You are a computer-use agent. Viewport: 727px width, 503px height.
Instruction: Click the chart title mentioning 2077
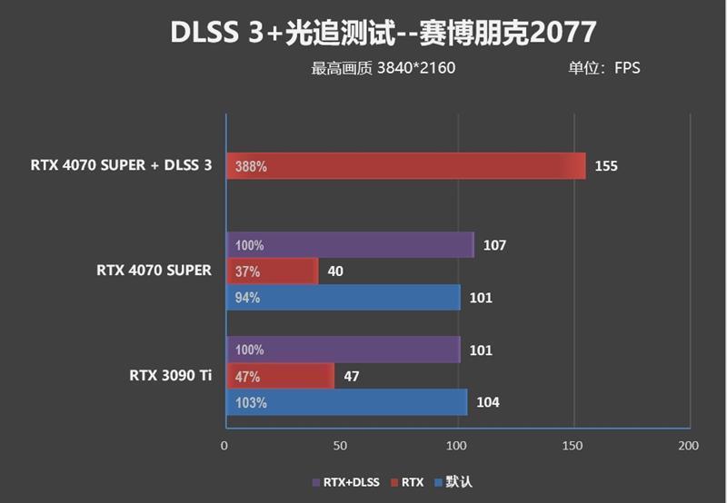[383, 33]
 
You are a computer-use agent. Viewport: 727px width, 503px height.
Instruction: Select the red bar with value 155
[405, 166]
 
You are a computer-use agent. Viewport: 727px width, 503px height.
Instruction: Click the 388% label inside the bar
[250, 167]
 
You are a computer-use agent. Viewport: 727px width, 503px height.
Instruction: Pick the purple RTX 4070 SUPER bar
[350, 245]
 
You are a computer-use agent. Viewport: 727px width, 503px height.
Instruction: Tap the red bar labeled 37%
[271, 271]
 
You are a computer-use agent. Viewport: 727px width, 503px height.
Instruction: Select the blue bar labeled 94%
[343, 297]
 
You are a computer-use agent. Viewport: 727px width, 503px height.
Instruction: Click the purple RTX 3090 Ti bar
[343, 350]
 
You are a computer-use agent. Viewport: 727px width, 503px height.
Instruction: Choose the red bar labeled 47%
[279, 376]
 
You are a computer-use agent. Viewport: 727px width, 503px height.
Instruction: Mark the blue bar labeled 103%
[346, 402]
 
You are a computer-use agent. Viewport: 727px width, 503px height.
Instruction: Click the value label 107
[494, 245]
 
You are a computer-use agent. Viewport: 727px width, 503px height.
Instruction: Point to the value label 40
[334, 271]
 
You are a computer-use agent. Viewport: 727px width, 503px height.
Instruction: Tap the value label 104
[488, 402]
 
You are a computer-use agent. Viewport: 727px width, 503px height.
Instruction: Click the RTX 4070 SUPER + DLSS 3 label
[121, 166]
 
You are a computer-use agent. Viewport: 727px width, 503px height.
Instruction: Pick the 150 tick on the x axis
[573, 446]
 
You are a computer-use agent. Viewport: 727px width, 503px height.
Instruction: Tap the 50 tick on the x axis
[341, 446]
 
